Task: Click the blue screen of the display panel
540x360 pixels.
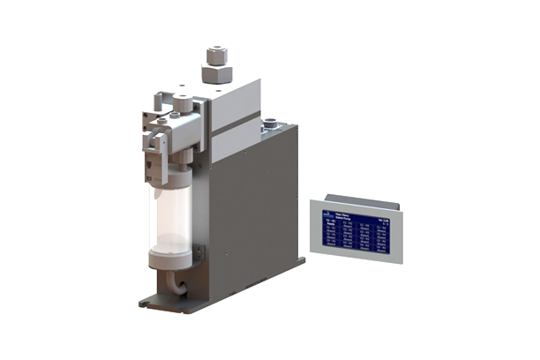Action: coord(350,229)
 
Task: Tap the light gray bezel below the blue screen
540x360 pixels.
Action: coord(352,259)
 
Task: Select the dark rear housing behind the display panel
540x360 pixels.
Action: coord(353,197)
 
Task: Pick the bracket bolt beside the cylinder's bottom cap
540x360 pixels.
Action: coord(198,255)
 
